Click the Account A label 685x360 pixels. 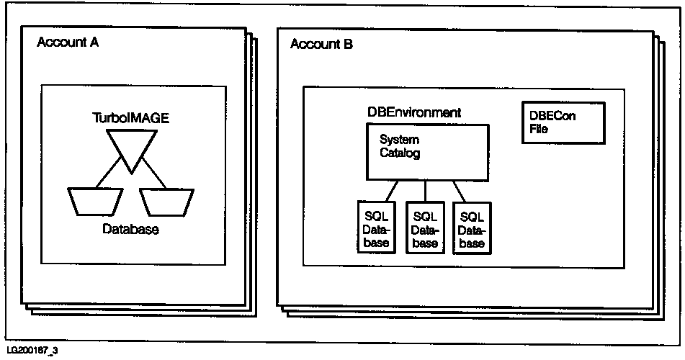(68, 42)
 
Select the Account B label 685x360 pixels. (321, 45)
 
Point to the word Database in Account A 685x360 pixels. (130, 230)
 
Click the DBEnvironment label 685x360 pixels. (414, 113)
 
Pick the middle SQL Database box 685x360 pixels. (425, 225)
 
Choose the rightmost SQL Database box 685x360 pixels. (472, 225)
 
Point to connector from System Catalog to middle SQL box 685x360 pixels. (426, 190)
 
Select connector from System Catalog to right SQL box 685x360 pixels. (460, 190)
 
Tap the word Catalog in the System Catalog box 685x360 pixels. (400, 153)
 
